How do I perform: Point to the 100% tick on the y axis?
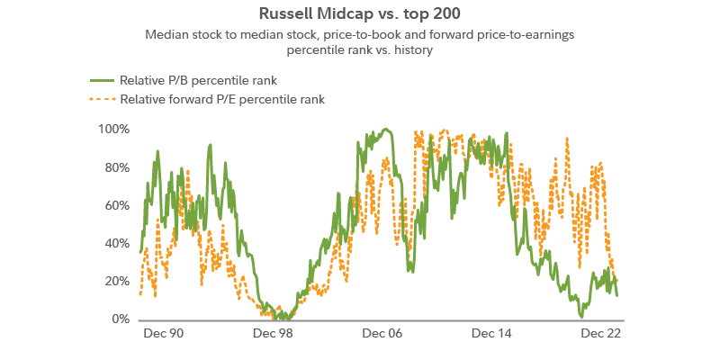[x=113, y=130]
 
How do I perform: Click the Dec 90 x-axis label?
[x=164, y=333]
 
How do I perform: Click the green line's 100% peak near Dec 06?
[x=387, y=129]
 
